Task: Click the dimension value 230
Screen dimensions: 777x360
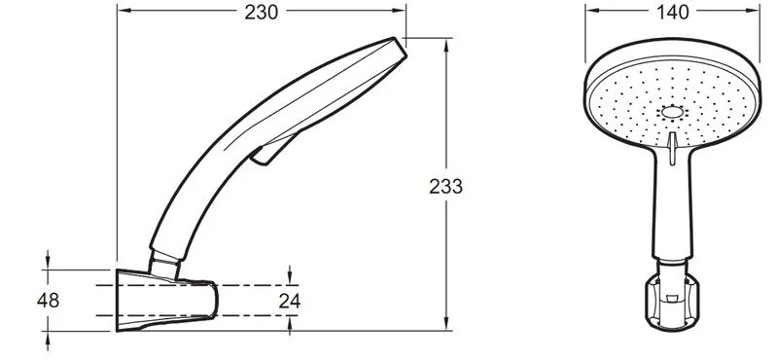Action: click(262, 13)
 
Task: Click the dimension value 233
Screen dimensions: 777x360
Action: click(445, 187)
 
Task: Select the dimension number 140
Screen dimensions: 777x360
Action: click(672, 13)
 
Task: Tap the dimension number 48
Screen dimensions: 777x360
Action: click(48, 301)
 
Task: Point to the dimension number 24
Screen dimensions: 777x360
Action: click(290, 301)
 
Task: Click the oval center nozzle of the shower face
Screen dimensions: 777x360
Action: click(672, 113)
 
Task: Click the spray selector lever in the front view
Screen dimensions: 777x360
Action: click(672, 148)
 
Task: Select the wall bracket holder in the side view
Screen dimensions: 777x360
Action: click(166, 301)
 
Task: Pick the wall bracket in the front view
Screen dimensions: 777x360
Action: click(671, 303)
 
